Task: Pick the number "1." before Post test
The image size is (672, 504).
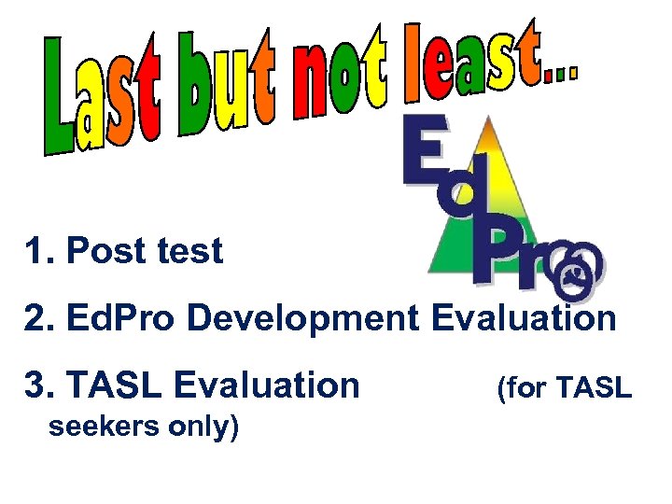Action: (41, 251)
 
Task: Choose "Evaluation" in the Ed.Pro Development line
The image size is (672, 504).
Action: (524, 318)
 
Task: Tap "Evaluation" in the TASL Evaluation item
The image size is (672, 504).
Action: (267, 384)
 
